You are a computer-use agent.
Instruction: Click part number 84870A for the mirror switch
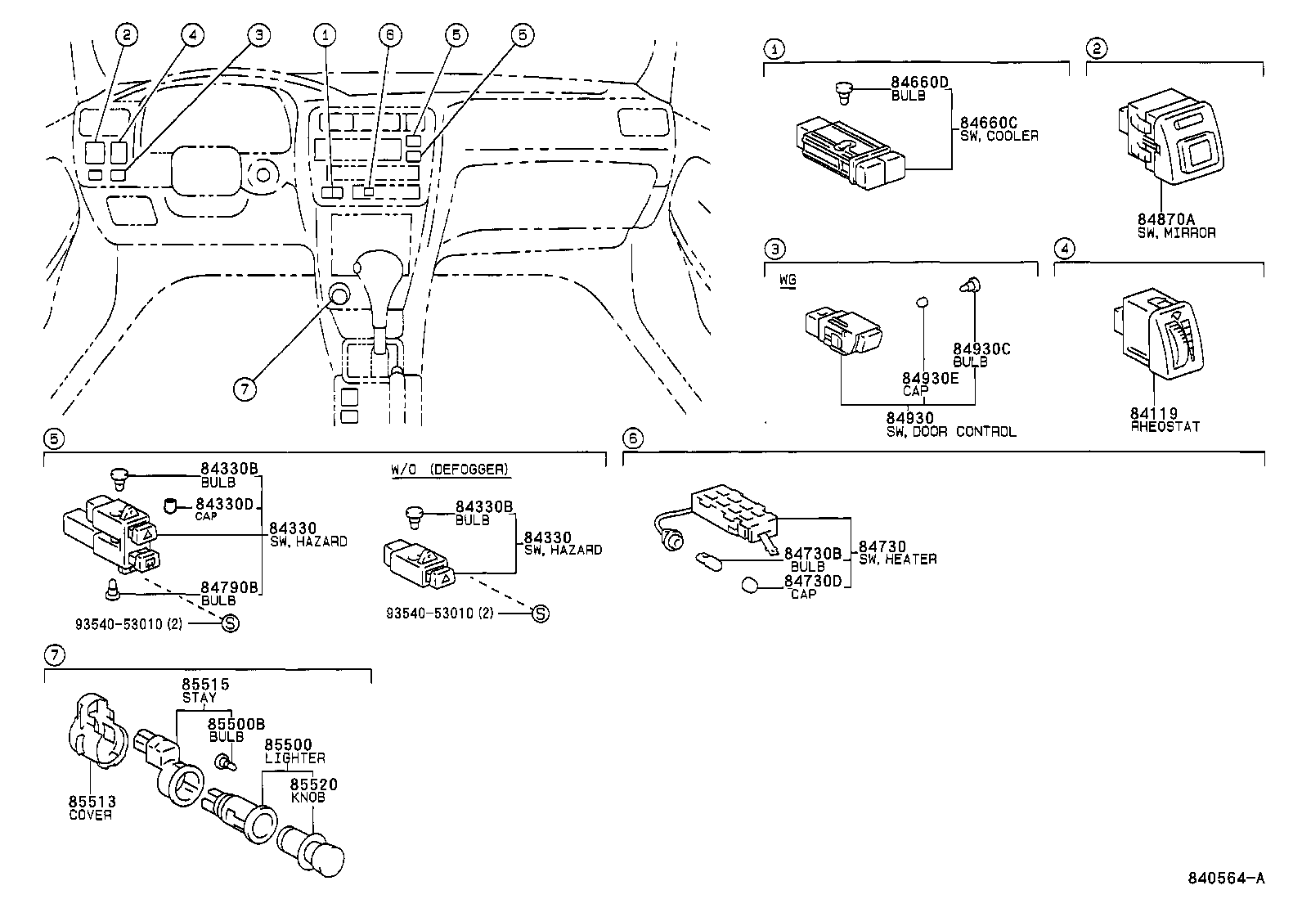(1165, 219)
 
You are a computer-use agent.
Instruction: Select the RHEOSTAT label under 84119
(1165, 426)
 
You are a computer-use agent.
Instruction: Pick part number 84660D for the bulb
(919, 82)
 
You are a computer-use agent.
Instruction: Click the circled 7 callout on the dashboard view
(245, 389)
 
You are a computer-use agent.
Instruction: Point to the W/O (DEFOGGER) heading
(449, 470)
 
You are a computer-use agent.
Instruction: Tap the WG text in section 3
(787, 280)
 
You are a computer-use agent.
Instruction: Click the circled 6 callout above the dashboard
(391, 34)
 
